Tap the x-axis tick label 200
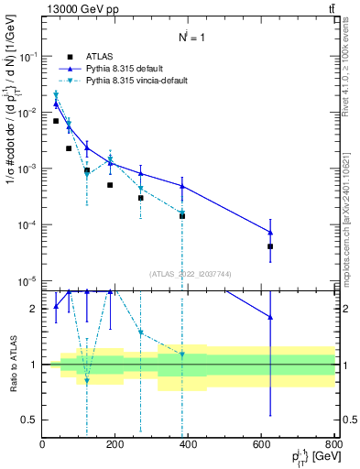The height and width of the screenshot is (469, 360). coord(115,444)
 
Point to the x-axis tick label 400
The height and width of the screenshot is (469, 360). coord(189,444)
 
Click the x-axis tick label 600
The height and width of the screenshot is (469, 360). coord(262,444)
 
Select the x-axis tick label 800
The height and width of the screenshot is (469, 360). coord(333,444)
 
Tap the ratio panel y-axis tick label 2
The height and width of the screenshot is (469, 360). coord(33,309)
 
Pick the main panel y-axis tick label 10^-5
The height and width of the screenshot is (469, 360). coord(27,281)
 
